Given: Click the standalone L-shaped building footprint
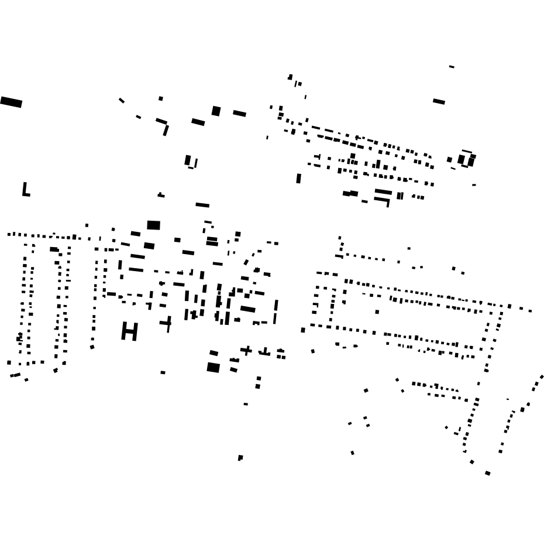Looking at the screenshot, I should coord(25,190).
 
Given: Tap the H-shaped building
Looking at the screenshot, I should coord(129,331).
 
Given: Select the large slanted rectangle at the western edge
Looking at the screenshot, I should coord(11,102).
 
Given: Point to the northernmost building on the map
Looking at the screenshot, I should coord(452,67).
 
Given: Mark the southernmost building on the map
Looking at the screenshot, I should coord(487,473).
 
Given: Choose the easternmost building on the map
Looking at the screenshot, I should coord(542,376).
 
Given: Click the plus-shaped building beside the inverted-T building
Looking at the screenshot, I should coord(247,350).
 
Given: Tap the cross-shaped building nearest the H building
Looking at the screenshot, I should coord(168,323).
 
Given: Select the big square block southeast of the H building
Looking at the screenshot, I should coord(213,367).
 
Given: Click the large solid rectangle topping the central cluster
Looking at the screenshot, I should coord(153,225).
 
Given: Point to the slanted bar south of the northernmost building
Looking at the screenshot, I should coord(439,101).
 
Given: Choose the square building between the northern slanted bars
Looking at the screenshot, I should coord(216,111).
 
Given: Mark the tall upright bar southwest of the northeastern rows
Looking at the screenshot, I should coord(298,178).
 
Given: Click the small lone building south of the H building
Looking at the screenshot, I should coord(163,372).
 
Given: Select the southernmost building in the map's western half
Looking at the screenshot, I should coord(240,458).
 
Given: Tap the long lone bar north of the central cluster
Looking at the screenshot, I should coord(202,205).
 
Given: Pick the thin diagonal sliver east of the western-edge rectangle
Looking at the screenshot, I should coord(122,101).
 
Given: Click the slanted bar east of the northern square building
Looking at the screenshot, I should coord(239,113).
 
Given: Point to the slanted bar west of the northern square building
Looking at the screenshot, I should coord(198,122).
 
